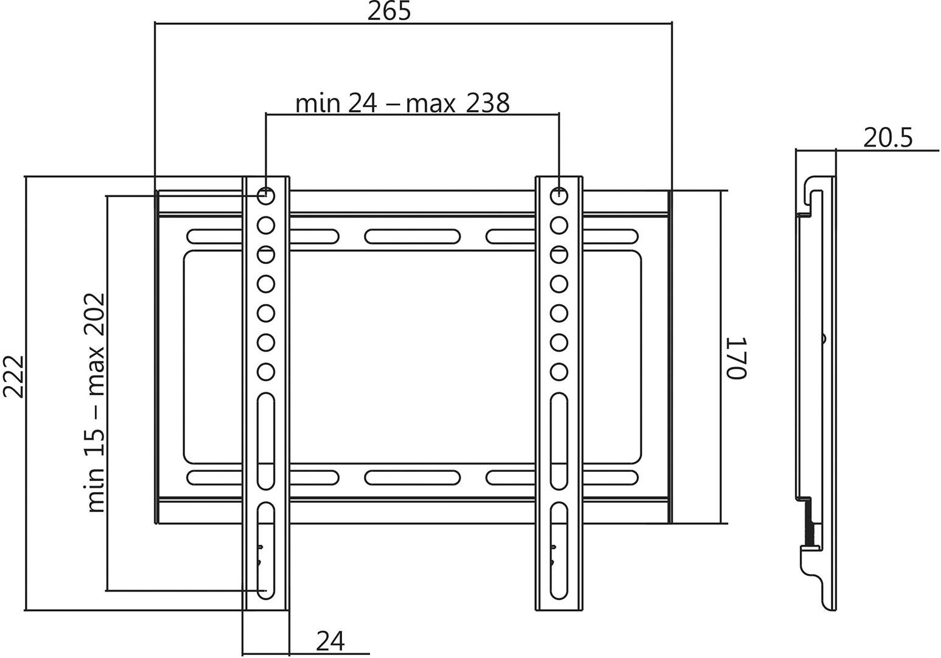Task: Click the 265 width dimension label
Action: pos(389,12)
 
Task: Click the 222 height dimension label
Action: pos(13,376)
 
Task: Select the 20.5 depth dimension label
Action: pos(888,139)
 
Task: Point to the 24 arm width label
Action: pos(331,641)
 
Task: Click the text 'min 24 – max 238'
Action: pos(402,103)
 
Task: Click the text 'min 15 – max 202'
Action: pos(96,403)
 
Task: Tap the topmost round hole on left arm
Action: pos(266,196)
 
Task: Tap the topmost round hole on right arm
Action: pos(559,196)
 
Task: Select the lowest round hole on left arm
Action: pos(266,371)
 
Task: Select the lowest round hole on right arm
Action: pos(559,371)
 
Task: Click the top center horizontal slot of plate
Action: pos(412,236)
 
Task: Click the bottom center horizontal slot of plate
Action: pos(412,477)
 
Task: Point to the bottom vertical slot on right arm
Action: pos(559,550)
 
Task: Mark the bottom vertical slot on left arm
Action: pos(266,550)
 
